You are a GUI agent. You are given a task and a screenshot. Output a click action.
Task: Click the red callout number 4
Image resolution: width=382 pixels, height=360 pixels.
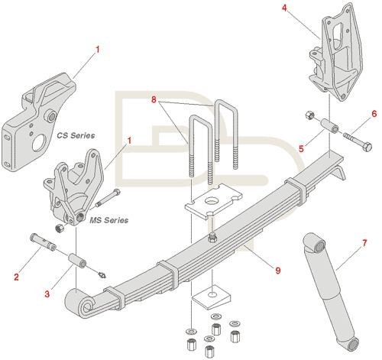(284, 8)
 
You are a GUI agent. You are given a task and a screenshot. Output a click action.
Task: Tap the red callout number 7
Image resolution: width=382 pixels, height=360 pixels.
(364, 243)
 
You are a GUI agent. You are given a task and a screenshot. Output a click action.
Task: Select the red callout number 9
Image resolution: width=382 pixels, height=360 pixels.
(278, 270)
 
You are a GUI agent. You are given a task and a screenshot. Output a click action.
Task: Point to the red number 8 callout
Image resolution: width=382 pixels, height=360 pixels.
(154, 99)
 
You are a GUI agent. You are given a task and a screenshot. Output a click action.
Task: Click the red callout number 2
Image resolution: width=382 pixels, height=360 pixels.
(17, 277)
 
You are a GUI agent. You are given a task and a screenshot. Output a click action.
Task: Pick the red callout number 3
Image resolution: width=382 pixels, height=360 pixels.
(47, 294)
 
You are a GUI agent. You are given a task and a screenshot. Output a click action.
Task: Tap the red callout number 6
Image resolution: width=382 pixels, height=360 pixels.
(374, 114)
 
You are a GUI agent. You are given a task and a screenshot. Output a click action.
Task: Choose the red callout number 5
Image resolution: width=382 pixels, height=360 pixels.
(301, 148)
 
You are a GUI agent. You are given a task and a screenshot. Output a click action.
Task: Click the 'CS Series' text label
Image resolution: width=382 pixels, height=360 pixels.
(76, 135)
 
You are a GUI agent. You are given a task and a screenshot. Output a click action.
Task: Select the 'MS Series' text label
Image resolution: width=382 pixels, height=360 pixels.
(109, 220)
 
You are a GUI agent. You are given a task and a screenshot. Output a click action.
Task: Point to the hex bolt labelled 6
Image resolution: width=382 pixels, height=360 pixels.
(358, 141)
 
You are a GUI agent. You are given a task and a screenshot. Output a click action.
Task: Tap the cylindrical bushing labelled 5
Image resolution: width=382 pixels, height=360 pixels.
(329, 125)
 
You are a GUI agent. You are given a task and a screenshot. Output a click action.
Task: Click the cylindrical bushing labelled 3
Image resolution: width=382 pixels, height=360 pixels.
(77, 261)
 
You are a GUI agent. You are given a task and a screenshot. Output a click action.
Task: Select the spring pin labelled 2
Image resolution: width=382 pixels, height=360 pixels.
(43, 242)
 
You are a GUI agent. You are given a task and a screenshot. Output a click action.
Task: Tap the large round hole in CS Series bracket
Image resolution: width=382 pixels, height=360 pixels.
(39, 142)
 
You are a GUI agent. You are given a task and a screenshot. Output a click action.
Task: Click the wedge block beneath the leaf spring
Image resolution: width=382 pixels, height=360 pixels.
(212, 297)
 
